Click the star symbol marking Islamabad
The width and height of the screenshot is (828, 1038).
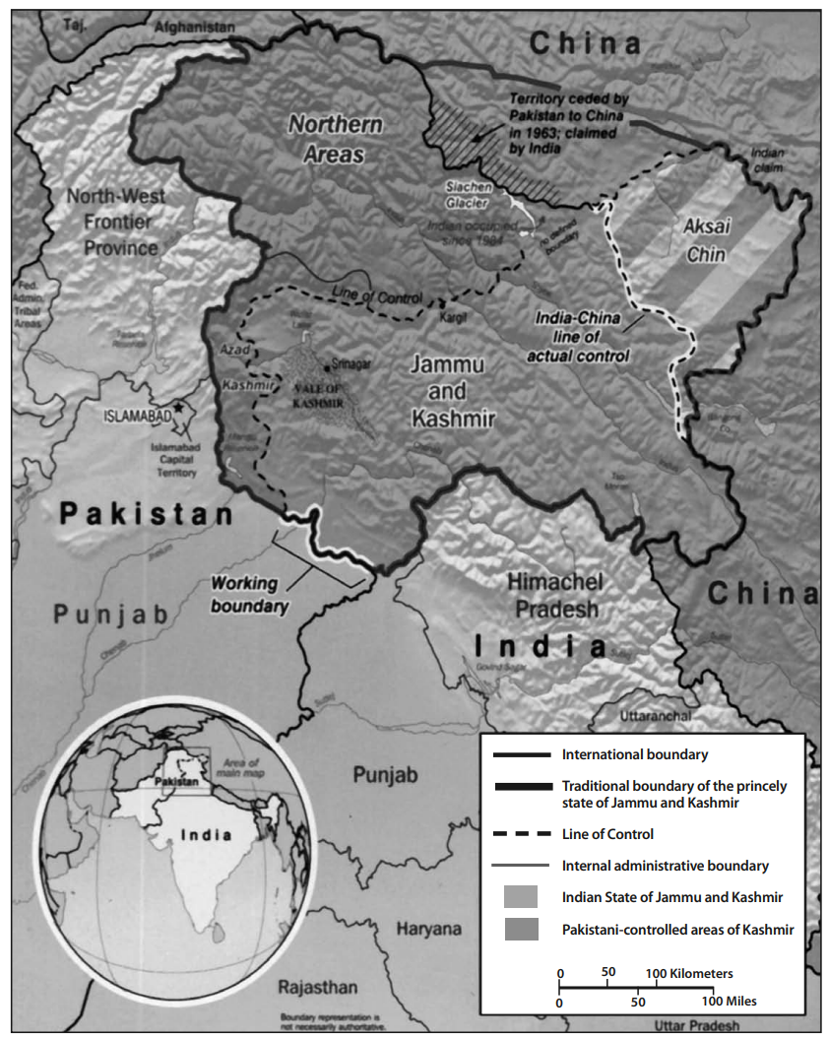178,407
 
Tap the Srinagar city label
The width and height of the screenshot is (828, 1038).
352,363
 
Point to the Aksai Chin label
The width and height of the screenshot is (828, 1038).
704,240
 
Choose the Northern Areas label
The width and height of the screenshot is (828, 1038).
334,139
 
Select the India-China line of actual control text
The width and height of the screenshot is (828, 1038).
581,335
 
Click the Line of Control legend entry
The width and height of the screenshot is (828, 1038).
607,834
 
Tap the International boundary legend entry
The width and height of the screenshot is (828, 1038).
634,755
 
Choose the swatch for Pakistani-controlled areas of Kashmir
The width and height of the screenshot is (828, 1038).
521,929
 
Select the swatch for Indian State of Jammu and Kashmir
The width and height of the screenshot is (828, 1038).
521,897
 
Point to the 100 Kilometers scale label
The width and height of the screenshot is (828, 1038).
689,973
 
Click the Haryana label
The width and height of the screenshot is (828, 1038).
428,929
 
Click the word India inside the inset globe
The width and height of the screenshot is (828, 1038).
206,835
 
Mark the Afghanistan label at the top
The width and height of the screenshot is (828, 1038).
195,29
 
